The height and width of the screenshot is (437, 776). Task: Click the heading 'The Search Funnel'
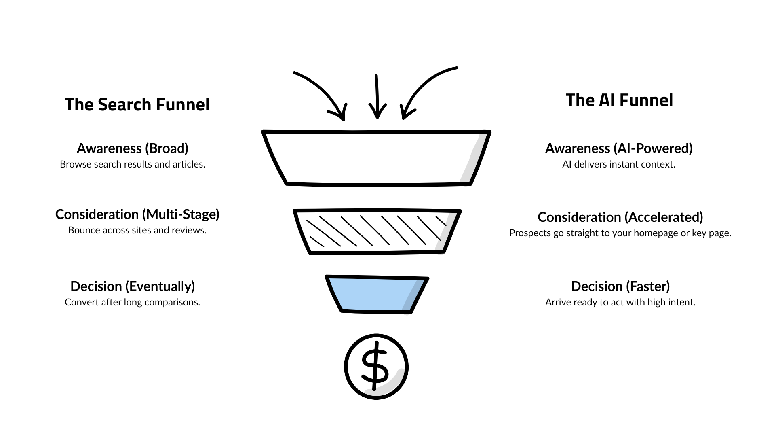pos(137,104)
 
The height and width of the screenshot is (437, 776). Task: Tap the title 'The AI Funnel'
pos(619,100)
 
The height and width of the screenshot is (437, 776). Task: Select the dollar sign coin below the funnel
pos(376,367)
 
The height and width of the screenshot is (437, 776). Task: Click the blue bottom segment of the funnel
pos(376,294)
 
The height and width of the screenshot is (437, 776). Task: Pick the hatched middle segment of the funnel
pos(377,232)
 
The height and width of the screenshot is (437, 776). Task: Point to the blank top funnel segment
pos(376,158)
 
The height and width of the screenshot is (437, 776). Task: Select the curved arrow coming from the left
pos(323,91)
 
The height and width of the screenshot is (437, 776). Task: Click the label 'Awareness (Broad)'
pos(133,148)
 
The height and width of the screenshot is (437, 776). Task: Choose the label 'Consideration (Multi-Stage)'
pos(137,214)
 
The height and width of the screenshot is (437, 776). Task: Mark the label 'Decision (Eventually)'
pos(133,286)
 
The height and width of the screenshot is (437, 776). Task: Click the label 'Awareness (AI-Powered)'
pos(619,148)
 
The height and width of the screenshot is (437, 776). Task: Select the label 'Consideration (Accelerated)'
pos(620,217)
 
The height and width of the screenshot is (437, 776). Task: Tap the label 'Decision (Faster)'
pos(620,286)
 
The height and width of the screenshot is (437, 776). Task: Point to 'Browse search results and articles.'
pos(133,164)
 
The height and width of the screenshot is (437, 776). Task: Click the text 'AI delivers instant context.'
pos(619,164)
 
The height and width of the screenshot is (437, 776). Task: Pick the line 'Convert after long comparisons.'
pos(133,302)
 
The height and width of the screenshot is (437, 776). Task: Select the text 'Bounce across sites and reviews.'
pos(137,230)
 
